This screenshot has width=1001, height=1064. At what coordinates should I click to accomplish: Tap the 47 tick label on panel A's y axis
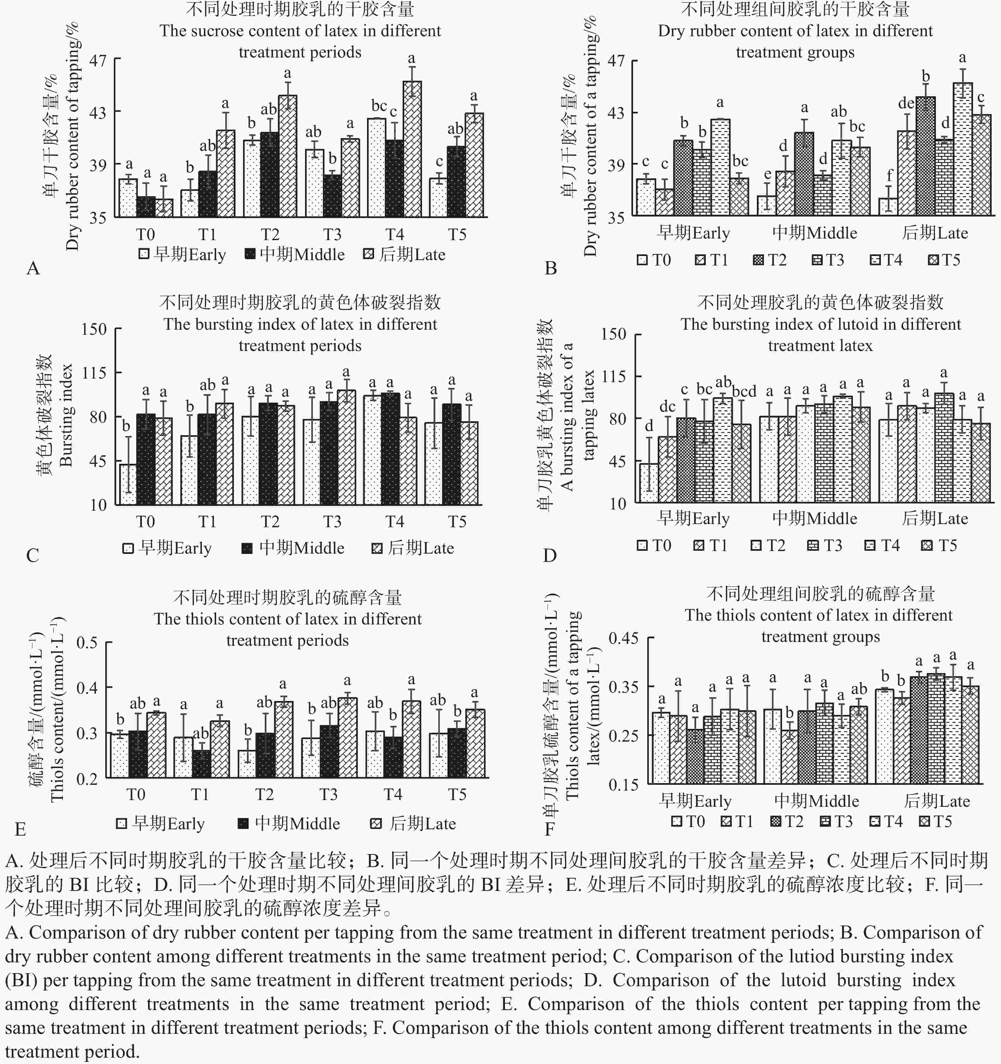(x=98, y=60)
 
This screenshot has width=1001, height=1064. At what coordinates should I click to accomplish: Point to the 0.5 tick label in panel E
(x=87, y=642)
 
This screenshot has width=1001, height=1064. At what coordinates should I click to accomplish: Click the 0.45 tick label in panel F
(x=623, y=638)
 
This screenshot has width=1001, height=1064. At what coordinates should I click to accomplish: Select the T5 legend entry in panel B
(x=944, y=260)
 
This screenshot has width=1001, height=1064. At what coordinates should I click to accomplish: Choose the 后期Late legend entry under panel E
(x=413, y=823)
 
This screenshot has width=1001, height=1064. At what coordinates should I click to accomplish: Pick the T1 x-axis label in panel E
(x=200, y=794)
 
